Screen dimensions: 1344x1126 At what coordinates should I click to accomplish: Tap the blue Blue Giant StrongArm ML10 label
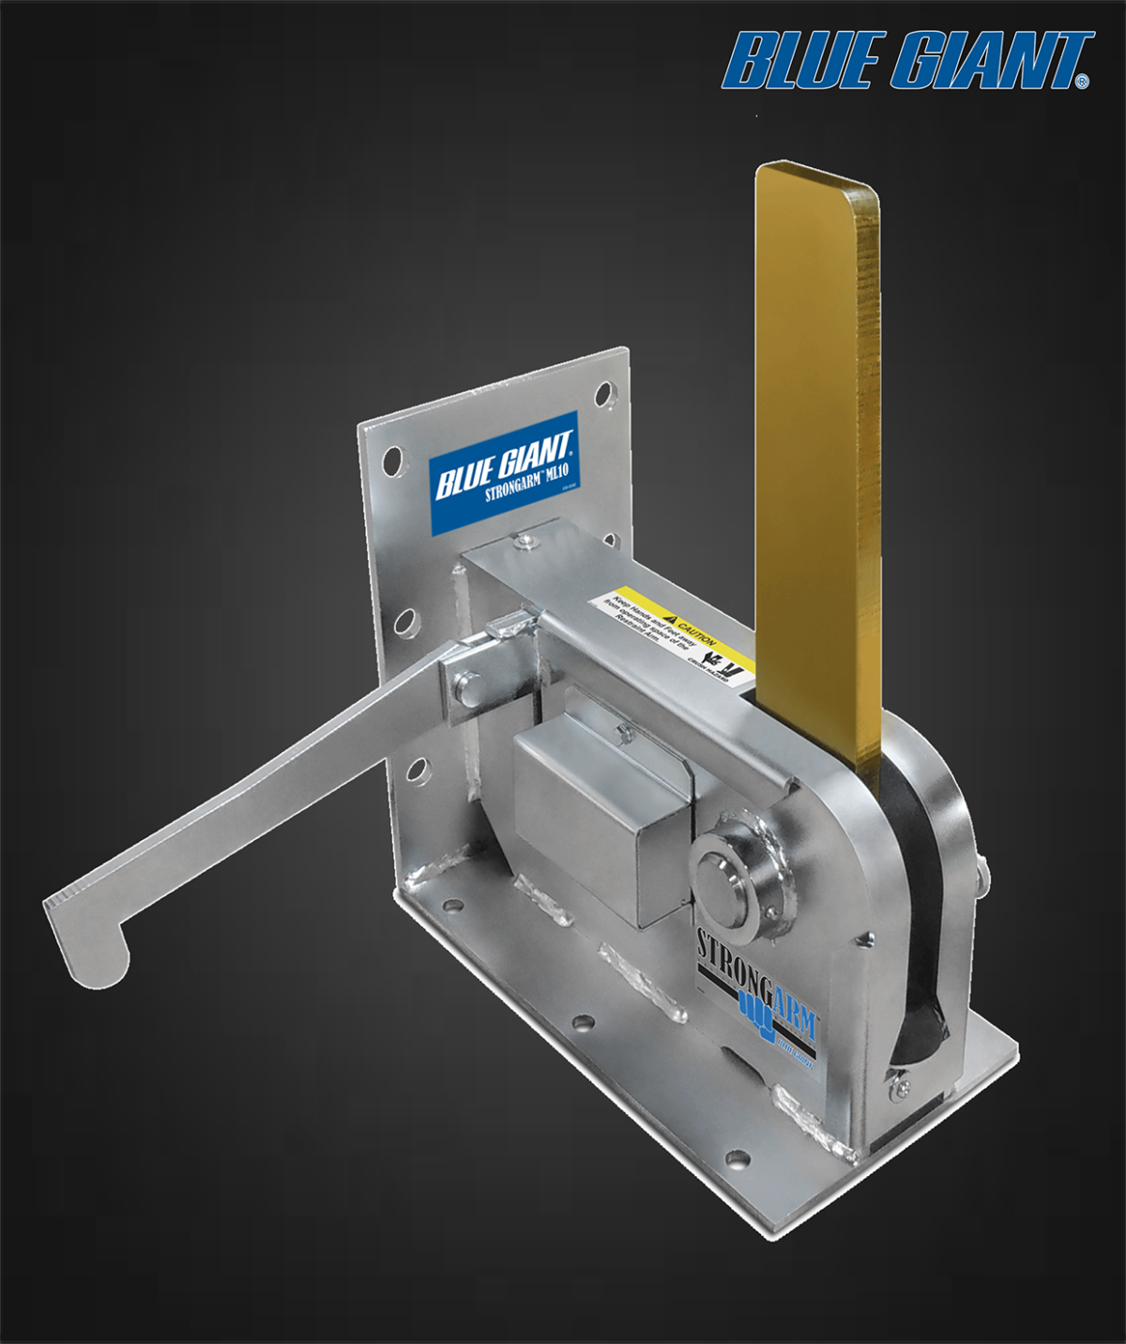tap(503, 473)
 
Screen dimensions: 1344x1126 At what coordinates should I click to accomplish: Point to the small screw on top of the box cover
tap(621, 729)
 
